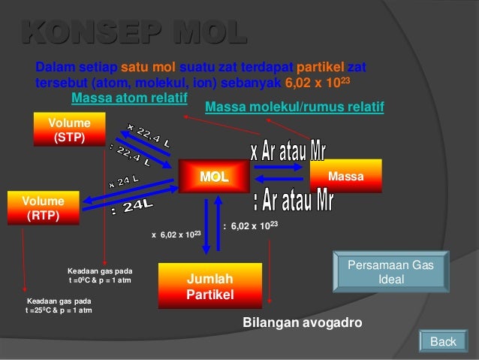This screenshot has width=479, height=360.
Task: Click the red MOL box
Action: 213,177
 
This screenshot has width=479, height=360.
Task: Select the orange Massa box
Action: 345,177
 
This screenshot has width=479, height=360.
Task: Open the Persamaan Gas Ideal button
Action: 391,272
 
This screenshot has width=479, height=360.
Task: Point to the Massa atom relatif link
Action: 128,98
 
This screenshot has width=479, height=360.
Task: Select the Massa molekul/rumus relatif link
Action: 294,108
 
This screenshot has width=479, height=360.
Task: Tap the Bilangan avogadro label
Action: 303,322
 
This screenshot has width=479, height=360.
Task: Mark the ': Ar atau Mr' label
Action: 294,200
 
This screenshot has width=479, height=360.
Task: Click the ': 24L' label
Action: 133,207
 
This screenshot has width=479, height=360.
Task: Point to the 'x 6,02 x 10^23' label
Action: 176,235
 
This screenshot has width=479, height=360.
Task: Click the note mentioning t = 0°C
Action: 100,274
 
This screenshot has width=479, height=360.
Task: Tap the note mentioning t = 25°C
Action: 59,304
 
